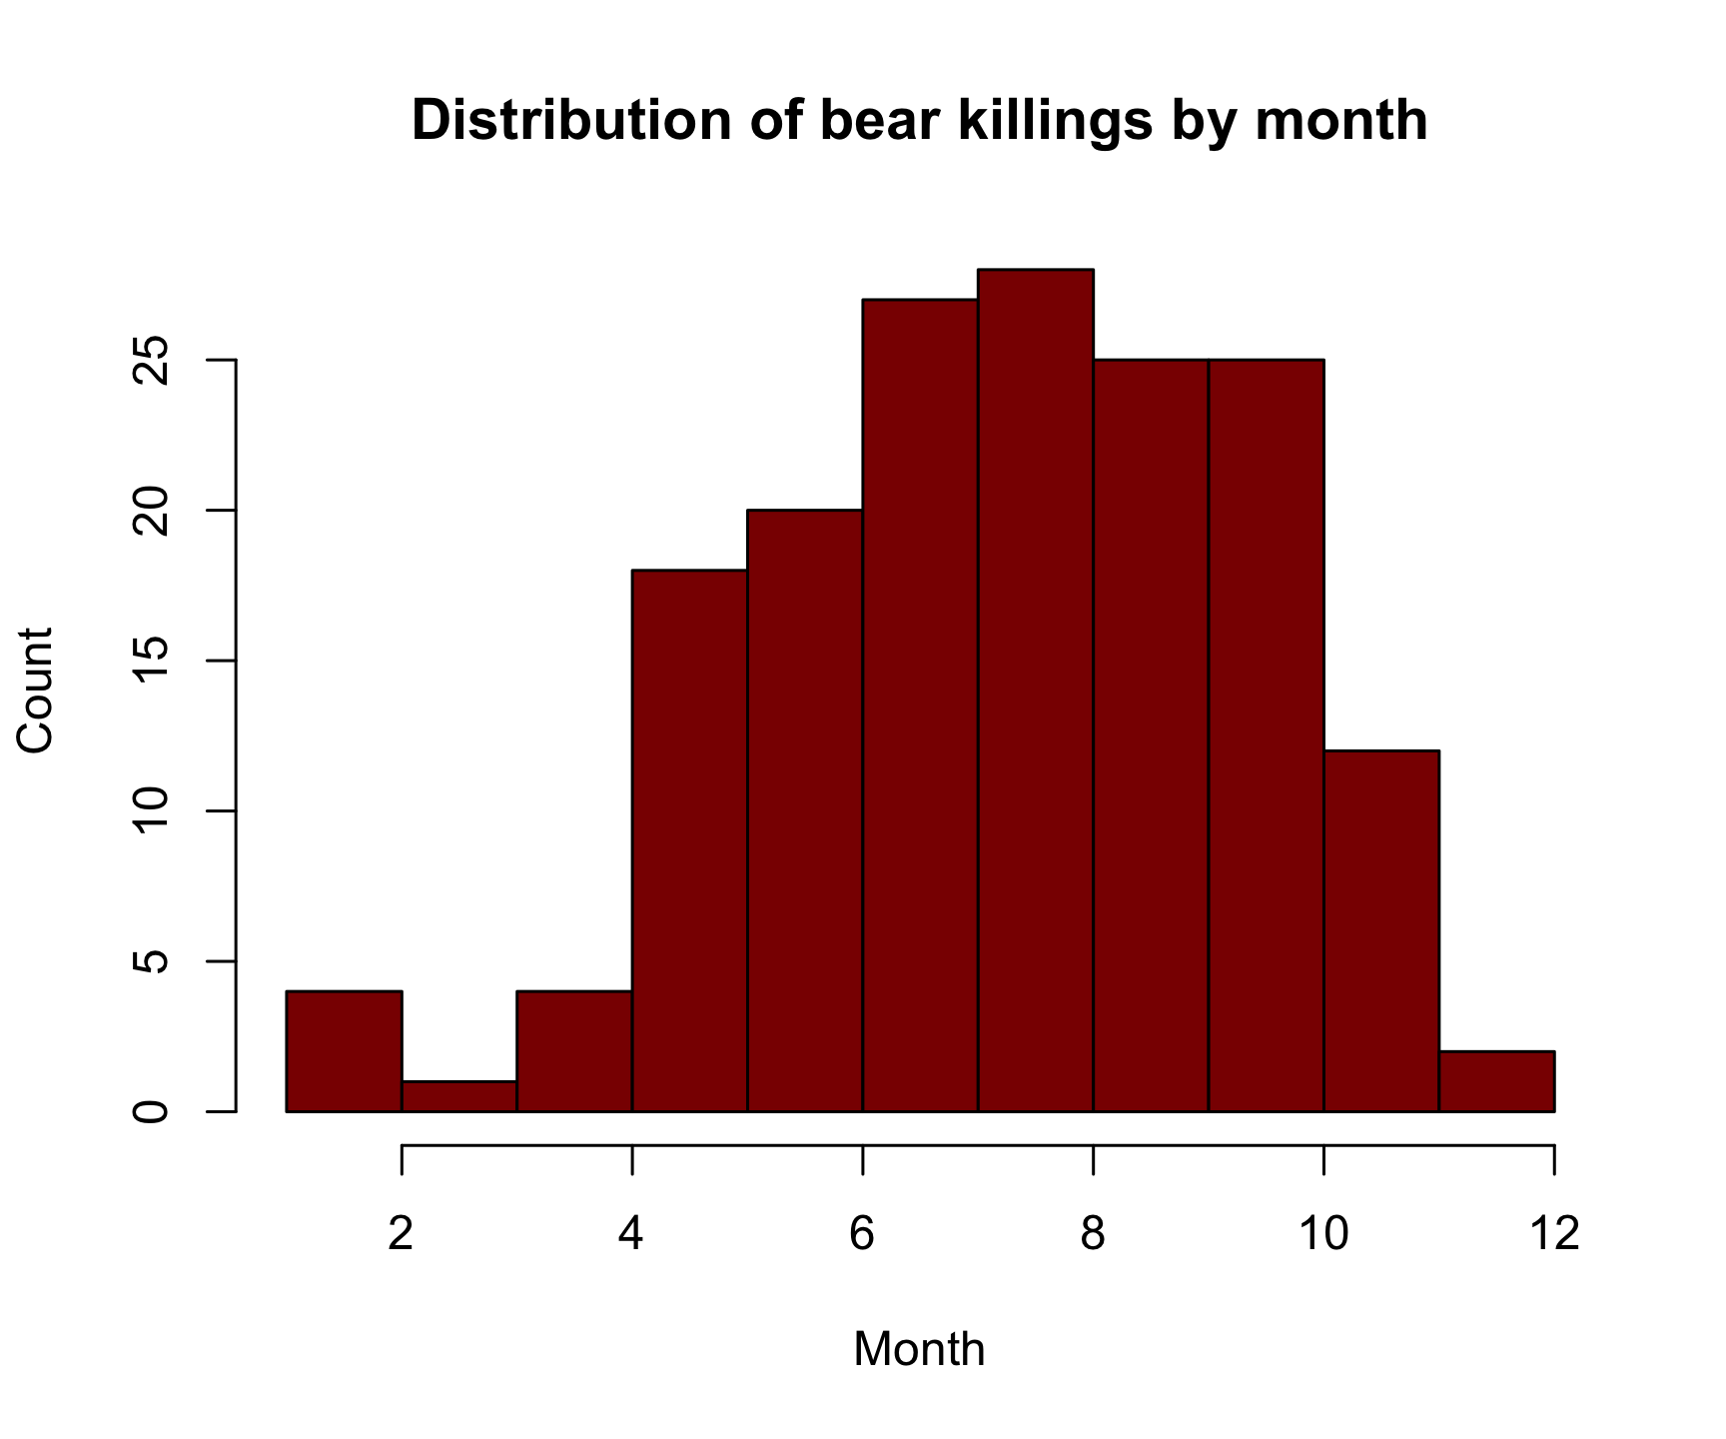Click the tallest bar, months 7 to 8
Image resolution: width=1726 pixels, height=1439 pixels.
1036,690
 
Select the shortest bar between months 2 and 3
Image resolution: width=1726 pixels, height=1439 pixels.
459,1096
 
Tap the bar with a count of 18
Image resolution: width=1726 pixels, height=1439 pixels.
690,839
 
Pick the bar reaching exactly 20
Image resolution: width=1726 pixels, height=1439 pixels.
805,809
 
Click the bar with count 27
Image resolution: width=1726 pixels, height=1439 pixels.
920,705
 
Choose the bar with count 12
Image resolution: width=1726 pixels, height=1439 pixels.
1381,929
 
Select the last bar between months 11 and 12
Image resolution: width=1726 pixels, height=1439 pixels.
1496,1081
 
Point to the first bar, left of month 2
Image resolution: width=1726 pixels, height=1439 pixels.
344,1051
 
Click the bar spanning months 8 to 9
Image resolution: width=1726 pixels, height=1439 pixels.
1151,734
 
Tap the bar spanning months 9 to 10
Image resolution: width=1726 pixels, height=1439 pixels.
1267,734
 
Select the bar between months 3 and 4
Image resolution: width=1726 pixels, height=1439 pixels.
574,1051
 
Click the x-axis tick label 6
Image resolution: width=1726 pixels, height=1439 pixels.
862,1234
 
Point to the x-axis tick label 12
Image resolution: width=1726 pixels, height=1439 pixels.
1554,1234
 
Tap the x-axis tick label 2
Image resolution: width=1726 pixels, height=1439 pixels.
401,1234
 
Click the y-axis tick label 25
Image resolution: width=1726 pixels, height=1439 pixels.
152,360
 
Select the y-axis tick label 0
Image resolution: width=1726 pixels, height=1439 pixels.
152,1111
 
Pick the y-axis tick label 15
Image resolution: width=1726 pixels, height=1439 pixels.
152,661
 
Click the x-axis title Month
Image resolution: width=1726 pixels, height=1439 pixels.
919,1349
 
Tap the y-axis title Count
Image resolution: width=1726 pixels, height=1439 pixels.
36,690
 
